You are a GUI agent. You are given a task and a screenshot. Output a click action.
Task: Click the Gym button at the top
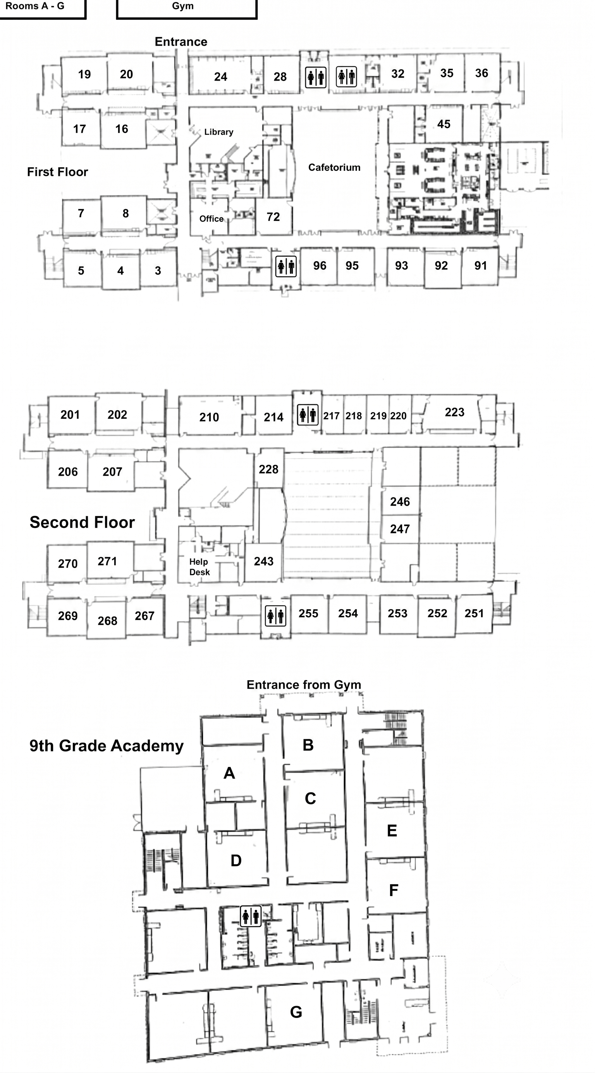click(186, 9)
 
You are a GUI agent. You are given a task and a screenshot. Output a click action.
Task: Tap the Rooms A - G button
click(43, 9)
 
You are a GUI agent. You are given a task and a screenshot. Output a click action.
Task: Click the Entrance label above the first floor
click(181, 42)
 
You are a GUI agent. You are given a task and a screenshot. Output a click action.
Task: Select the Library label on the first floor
click(219, 132)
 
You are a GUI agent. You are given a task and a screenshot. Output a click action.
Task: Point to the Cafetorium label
click(334, 167)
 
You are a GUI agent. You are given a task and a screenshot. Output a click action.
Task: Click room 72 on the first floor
click(273, 217)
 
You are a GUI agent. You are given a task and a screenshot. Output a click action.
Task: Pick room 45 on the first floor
click(444, 124)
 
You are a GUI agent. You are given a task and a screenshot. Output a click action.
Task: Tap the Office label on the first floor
click(211, 219)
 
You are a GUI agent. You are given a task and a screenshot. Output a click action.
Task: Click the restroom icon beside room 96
click(286, 266)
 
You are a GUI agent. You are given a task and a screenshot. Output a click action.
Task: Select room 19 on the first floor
click(84, 74)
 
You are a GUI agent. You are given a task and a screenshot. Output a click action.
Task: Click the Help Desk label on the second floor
click(199, 567)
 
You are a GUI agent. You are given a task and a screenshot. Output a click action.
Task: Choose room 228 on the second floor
click(268, 469)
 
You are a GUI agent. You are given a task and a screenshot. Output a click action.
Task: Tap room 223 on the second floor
click(455, 413)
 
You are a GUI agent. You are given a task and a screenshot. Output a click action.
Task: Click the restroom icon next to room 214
click(308, 415)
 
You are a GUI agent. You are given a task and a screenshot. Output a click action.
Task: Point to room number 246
click(400, 502)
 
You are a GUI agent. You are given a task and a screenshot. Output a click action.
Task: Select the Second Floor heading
click(82, 522)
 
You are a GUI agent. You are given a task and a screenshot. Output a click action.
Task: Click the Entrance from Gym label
click(304, 685)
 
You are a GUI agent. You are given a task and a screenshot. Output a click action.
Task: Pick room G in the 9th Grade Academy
click(296, 1012)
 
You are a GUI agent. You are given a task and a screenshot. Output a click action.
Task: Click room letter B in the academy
click(308, 745)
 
